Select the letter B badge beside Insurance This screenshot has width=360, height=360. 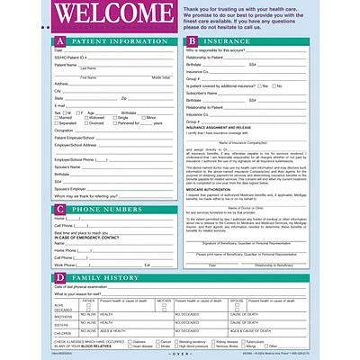coord(192,41)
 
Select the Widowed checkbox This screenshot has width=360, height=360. coord(87,116)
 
